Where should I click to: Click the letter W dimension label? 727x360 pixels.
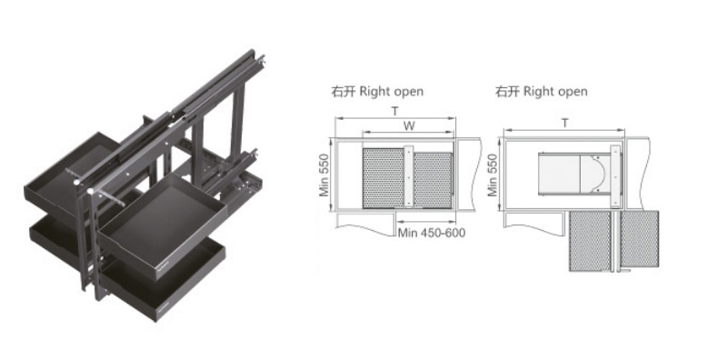pyautogui.click(x=408, y=125)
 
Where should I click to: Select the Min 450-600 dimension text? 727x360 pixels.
pyautogui.click(x=432, y=233)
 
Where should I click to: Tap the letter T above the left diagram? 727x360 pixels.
pyautogui.click(x=395, y=111)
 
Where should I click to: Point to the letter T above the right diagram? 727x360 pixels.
pyautogui.click(x=564, y=123)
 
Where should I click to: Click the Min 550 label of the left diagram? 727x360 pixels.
pyautogui.click(x=324, y=175)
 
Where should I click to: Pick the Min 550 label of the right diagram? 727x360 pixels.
pyautogui.click(x=492, y=175)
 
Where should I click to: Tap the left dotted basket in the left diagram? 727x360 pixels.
pyautogui.click(x=383, y=178)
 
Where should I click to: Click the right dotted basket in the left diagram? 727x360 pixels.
pyautogui.click(x=433, y=180)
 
